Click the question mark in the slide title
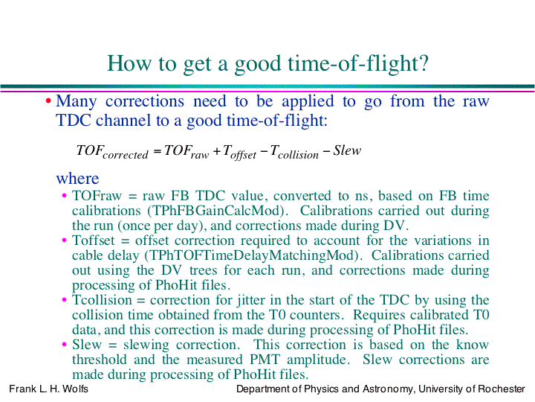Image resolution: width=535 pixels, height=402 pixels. [423, 63]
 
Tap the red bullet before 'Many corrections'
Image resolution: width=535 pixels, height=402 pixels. [48, 101]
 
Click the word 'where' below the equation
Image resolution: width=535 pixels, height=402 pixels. [77, 179]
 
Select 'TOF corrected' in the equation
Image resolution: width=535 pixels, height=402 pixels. [112, 152]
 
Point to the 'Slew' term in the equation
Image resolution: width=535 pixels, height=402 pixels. [347, 150]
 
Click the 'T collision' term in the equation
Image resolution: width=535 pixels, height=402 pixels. [294, 152]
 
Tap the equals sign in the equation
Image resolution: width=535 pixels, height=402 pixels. [157, 150]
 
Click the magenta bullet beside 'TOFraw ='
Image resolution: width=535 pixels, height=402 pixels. [64, 196]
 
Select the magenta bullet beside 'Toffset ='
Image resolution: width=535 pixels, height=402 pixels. [64, 240]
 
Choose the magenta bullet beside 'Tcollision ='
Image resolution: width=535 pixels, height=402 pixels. [64, 300]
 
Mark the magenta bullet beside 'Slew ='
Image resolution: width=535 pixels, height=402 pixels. [64, 345]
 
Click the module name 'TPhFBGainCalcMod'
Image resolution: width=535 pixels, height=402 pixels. [215, 211]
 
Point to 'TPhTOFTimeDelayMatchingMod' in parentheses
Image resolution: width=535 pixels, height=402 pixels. [251, 255]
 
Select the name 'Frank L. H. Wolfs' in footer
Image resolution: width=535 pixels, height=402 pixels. [48, 389]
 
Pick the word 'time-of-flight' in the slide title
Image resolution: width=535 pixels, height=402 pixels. [352, 63]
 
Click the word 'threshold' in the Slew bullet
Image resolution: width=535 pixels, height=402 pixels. [100, 360]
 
